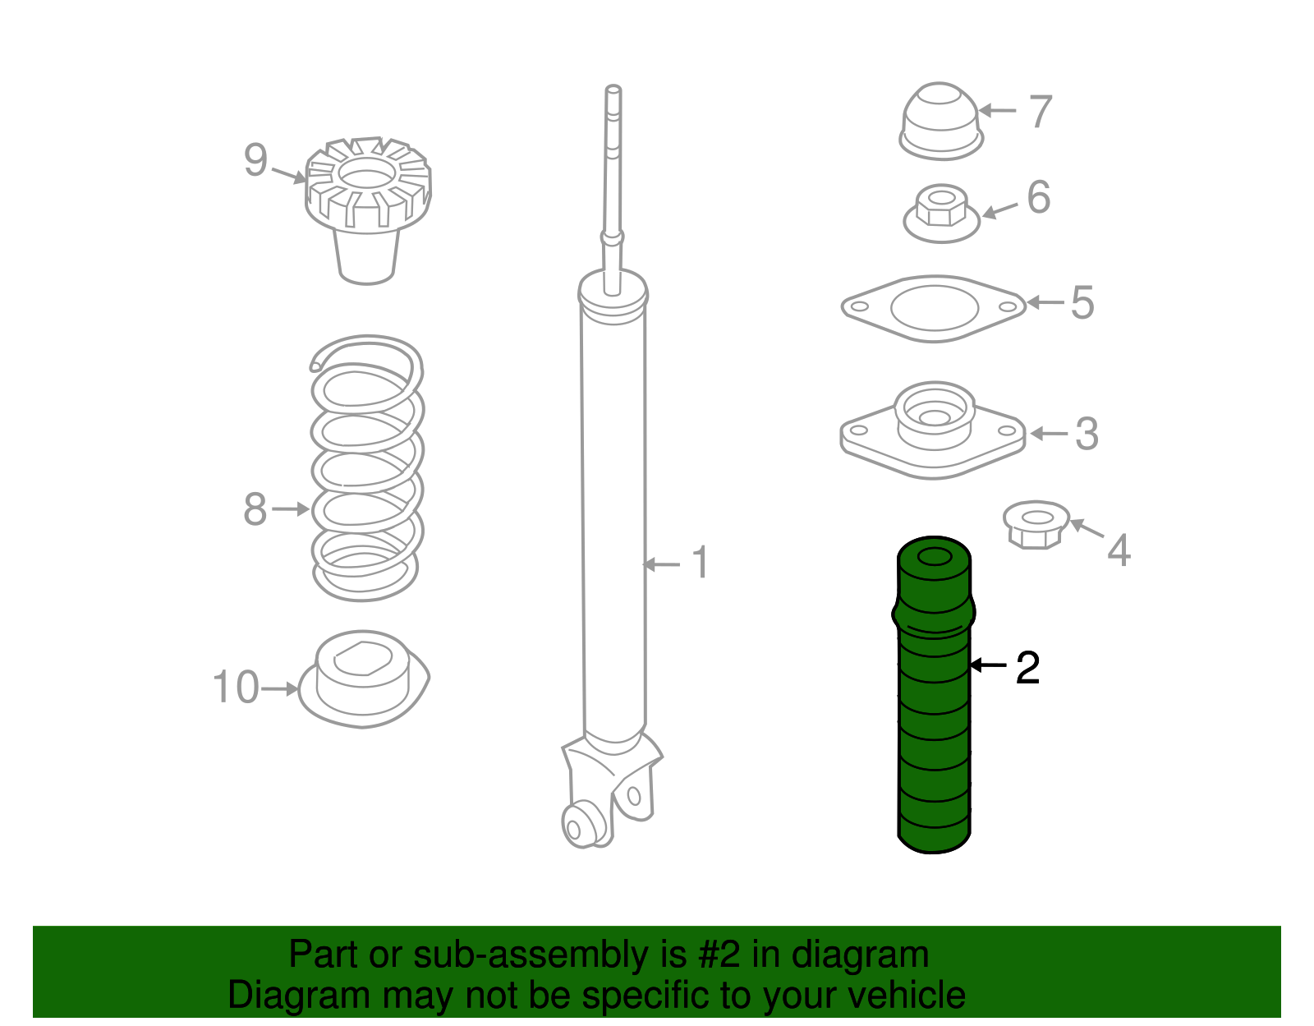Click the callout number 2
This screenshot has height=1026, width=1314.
click(1027, 668)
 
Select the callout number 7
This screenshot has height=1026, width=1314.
click(1041, 111)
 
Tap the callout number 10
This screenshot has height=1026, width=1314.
click(236, 687)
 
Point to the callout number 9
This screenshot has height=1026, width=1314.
click(255, 160)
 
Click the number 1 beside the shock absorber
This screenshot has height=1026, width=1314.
click(701, 562)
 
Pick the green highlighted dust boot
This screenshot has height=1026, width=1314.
click(935, 695)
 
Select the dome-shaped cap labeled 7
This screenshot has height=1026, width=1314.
click(941, 121)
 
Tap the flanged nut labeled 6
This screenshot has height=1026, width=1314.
click(941, 214)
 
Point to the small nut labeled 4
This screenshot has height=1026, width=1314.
click(1036, 524)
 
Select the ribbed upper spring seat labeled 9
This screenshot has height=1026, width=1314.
click(368, 210)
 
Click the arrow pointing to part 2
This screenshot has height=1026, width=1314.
click(988, 665)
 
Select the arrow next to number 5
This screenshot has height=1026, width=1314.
click(1045, 301)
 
